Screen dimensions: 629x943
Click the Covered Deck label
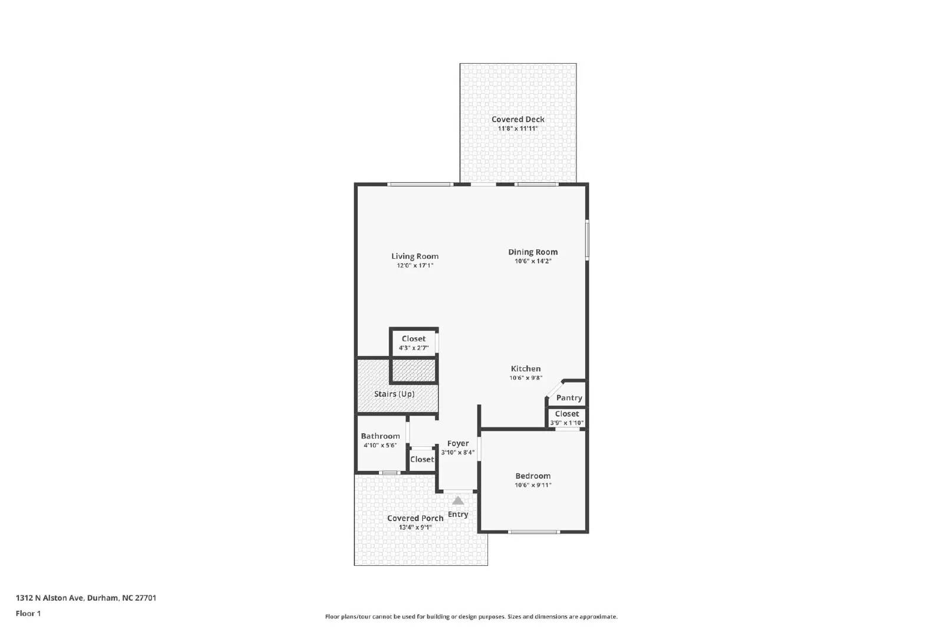[517, 119]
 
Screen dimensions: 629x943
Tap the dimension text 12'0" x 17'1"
[415, 266]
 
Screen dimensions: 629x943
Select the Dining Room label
[533, 252]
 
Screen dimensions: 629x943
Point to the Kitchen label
[525, 368]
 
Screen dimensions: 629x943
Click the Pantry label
[569, 398]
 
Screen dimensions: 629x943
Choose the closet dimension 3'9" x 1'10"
[566, 423]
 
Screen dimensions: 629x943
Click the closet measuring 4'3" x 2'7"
[414, 343]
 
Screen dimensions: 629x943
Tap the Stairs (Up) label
[394, 394]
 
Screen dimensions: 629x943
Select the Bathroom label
[380, 436]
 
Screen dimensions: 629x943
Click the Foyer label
[458, 443]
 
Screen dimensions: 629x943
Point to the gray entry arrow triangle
[458, 500]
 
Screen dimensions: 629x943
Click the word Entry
[458, 514]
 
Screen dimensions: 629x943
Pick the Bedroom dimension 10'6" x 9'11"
[533, 485]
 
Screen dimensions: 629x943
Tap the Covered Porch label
[415, 518]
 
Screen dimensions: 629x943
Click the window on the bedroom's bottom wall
[533, 532]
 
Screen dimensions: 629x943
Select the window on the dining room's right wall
[587, 239]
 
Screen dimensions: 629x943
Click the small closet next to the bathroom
[421, 459]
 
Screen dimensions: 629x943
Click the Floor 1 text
[28, 614]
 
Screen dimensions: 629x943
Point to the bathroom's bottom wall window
[388, 473]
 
